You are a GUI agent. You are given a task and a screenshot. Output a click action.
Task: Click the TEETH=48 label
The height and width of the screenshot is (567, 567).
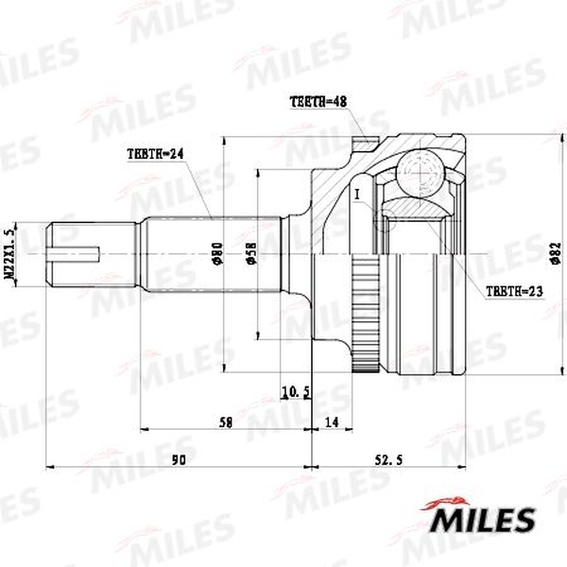318,101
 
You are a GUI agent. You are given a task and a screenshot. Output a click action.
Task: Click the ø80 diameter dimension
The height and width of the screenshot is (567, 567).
216,253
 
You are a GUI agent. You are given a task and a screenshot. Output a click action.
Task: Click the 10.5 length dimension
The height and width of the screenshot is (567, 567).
296,391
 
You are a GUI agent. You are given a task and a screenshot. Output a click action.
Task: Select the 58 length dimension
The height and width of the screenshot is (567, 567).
224,424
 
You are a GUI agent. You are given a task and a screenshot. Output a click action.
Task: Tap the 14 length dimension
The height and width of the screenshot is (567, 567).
331,424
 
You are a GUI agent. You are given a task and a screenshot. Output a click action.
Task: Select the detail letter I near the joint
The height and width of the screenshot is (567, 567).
357,195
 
